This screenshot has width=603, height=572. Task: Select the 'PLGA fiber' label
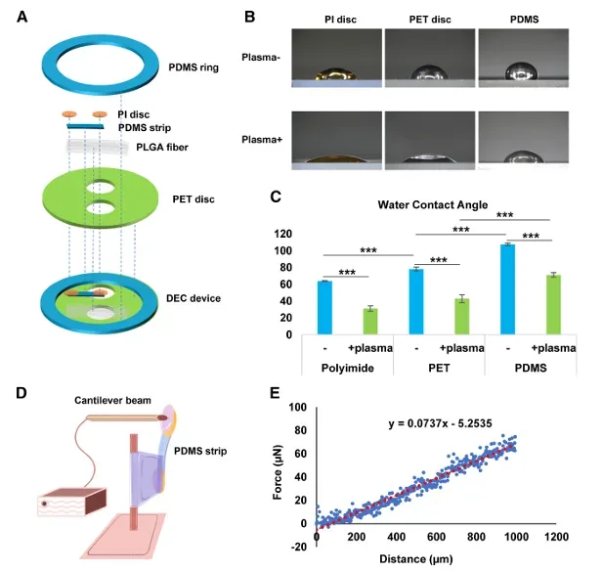click(x=153, y=148)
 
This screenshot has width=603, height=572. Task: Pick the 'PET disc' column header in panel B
click(x=427, y=17)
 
